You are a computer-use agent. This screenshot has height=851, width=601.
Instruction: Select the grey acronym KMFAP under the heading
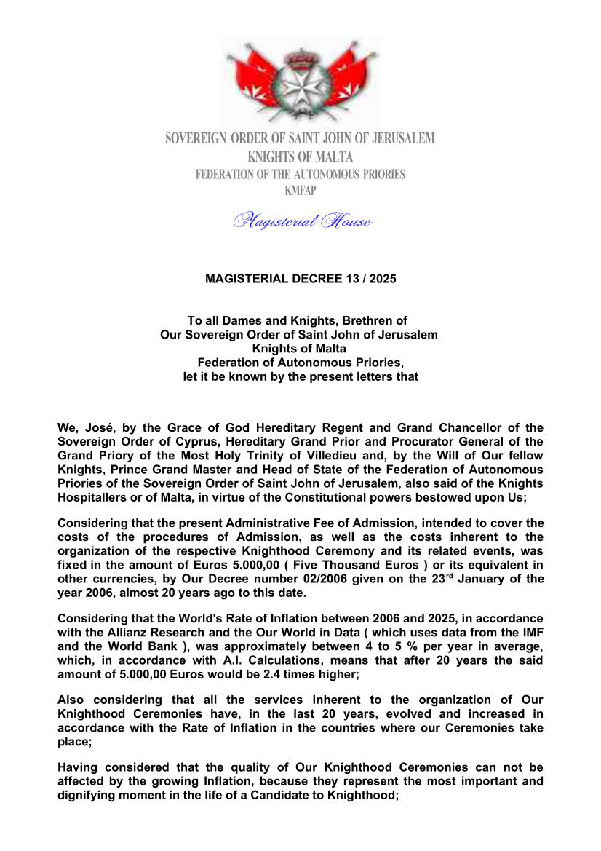click(x=300, y=191)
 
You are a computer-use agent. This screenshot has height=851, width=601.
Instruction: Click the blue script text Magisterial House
click(x=302, y=221)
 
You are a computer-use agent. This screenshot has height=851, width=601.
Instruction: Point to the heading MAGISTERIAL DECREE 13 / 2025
click(x=300, y=279)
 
